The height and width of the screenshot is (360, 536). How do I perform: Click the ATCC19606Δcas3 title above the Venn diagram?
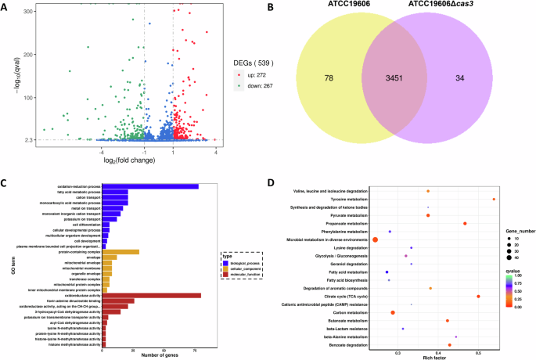pos(453,9)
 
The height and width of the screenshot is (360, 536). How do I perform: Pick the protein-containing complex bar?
pos(121,251)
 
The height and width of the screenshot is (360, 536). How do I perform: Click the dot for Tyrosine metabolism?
pos(494,200)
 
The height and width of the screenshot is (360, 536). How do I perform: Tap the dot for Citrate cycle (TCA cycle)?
pos(478,297)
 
